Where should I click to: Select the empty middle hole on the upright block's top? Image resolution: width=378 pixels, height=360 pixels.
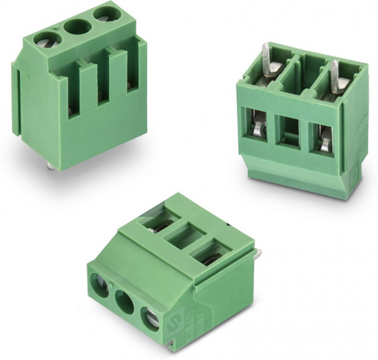(76, 26)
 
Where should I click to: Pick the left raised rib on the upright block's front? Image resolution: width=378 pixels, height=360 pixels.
(87, 87)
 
